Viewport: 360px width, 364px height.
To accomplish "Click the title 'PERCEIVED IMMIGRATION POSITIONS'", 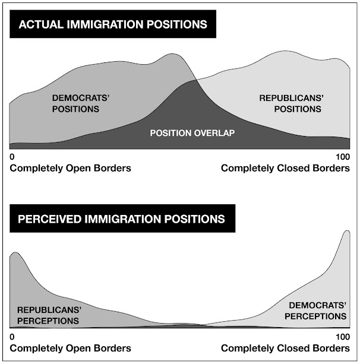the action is (x=122, y=219).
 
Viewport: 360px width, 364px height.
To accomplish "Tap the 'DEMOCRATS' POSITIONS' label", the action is (x=75, y=103).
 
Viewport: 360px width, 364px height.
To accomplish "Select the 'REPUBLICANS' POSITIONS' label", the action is (x=290, y=103).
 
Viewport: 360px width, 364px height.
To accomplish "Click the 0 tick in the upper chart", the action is (x=12, y=157).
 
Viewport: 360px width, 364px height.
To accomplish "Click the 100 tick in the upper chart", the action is (x=343, y=157).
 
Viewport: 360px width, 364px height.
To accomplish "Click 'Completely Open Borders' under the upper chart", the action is (x=70, y=168).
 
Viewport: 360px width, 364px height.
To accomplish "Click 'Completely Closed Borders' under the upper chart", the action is (x=285, y=168).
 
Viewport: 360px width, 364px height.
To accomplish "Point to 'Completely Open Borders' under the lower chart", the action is (x=70, y=349).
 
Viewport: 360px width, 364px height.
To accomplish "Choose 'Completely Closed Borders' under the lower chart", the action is (x=285, y=349).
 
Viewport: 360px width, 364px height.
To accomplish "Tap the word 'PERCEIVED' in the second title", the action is (x=51, y=219).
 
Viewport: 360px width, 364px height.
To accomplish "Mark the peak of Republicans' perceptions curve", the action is (x=15, y=254).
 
